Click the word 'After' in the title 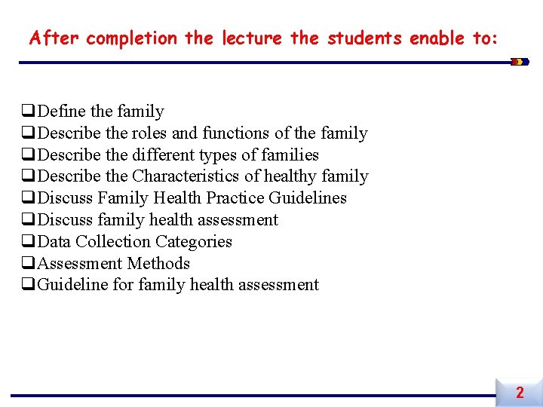(54, 38)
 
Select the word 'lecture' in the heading (253, 38)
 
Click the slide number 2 (520, 393)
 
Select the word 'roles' (149, 133)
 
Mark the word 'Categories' (194, 242)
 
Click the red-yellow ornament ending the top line (518, 62)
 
